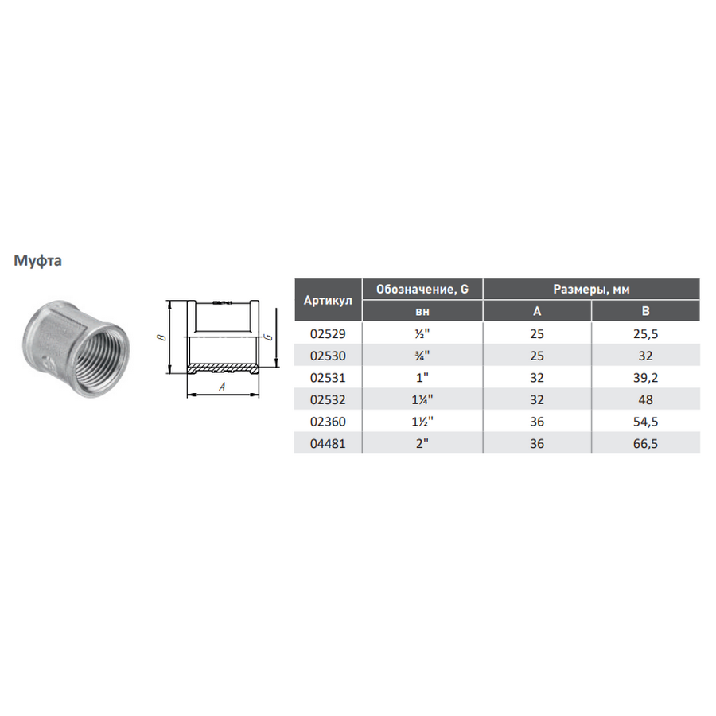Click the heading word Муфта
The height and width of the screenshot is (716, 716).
(x=37, y=261)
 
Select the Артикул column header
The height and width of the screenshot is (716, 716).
(x=328, y=301)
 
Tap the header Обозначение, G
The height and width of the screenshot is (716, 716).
(x=422, y=289)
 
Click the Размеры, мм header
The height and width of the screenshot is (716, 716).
(x=591, y=289)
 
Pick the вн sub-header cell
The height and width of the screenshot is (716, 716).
(x=422, y=311)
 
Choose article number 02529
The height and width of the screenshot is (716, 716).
(x=328, y=334)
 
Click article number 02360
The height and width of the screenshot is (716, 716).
(x=328, y=422)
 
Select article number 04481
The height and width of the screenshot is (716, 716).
(x=328, y=443)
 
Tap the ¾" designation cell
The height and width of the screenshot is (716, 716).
(x=422, y=356)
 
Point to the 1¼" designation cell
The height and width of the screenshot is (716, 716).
(x=422, y=399)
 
